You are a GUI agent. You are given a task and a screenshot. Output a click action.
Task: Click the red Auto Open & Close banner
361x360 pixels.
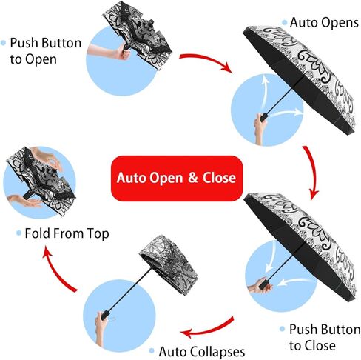[177, 178]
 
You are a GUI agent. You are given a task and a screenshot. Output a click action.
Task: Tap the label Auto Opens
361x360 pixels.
[324, 23]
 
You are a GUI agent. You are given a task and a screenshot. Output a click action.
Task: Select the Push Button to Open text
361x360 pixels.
[46, 51]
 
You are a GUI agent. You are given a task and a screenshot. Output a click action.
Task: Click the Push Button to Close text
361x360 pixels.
[325, 337]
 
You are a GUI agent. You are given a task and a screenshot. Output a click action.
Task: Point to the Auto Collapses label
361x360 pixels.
[202, 351]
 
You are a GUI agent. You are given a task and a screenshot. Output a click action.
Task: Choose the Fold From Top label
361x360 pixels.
[67, 233]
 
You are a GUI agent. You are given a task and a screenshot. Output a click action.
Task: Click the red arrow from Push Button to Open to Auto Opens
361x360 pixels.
[206, 61]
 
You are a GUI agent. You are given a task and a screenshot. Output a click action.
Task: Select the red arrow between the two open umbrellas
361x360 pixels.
[313, 172]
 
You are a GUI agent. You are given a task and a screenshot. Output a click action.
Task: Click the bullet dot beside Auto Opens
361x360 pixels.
[285, 23]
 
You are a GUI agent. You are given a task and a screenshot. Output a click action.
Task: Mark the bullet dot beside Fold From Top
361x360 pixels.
[18, 233]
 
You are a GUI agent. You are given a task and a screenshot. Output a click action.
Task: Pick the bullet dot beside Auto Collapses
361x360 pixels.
[152, 350]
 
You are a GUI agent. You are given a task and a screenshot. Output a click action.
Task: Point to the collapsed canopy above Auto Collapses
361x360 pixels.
[169, 264]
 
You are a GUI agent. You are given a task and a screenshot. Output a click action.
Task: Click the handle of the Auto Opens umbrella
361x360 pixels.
[264, 117]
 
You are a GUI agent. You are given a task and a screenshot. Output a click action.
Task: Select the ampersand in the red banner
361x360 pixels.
[193, 178]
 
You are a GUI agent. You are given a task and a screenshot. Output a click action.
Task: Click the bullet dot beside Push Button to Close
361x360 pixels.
[283, 329]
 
